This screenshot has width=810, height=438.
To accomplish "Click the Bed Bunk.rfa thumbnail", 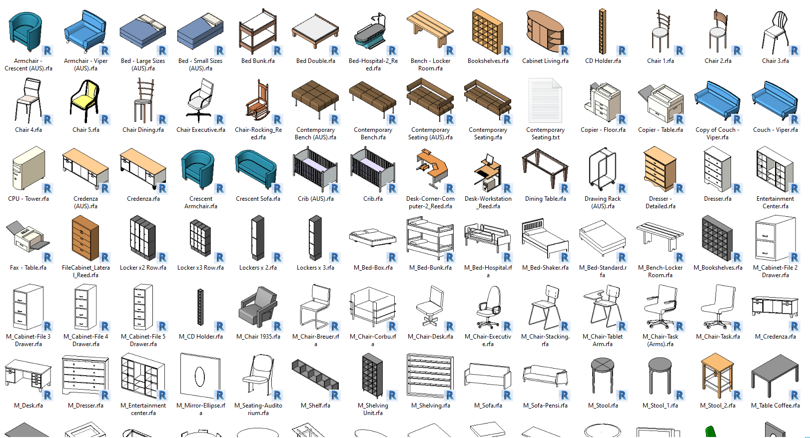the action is click(x=258, y=32).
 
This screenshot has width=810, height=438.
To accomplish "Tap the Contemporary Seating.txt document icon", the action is click(x=545, y=100).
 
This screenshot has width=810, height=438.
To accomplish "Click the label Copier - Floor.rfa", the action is click(x=603, y=130).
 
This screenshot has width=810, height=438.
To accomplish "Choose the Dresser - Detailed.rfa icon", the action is click(x=660, y=169).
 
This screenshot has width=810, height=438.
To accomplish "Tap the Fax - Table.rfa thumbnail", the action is click(x=28, y=237).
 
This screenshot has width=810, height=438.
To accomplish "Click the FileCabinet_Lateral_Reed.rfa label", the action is click(x=86, y=271).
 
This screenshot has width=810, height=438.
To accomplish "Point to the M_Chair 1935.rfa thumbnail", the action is click(x=258, y=307).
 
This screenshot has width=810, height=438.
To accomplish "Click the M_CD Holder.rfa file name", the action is click(x=201, y=337).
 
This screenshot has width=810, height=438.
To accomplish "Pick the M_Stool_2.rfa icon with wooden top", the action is click(x=718, y=376).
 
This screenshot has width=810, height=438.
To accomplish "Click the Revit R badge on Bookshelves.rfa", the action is click(x=507, y=50).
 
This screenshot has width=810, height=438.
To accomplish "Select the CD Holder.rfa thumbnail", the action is click(x=603, y=31).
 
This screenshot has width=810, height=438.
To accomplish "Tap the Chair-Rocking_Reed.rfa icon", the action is click(x=258, y=101).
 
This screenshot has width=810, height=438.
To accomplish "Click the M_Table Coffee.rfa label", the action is click(x=776, y=406).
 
